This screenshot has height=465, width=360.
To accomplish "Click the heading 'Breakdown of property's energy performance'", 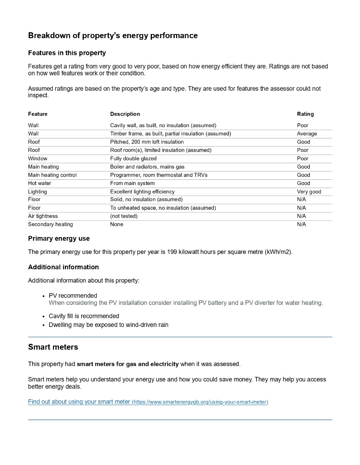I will pyautogui.click(x=113, y=35).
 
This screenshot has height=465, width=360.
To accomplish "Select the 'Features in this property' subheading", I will pyautogui.click(x=67, y=53).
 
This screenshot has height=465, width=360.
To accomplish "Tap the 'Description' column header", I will pyautogui.click(x=125, y=114).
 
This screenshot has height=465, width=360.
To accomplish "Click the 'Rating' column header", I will pyautogui.click(x=305, y=114).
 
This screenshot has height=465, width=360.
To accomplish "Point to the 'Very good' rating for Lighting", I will pyautogui.click(x=309, y=192).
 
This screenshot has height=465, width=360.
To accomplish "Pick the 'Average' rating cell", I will pyautogui.click(x=307, y=134).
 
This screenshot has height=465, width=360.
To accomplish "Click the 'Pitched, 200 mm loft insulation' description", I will pyautogui.click(x=147, y=142).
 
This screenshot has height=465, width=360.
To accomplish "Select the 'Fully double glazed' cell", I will pyautogui.click(x=133, y=158).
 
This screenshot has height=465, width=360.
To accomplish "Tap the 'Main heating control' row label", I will pyautogui.click(x=52, y=175).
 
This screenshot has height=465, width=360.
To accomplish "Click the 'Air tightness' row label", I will pyautogui.click(x=43, y=216).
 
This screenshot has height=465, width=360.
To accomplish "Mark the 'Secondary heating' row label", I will pyautogui.click(x=50, y=224).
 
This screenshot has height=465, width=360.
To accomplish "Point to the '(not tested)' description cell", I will pyautogui.click(x=123, y=216).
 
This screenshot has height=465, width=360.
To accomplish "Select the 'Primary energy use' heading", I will pyautogui.click(x=59, y=238).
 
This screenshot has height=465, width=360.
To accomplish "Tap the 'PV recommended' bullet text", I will pyautogui.click(x=73, y=296).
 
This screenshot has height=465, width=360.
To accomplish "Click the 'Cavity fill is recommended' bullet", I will pyautogui.click(x=84, y=316).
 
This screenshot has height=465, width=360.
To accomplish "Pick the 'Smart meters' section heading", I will pyautogui.click(x=53, y=347).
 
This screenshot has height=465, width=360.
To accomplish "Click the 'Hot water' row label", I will pyautogui.click(x=39, y=183).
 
